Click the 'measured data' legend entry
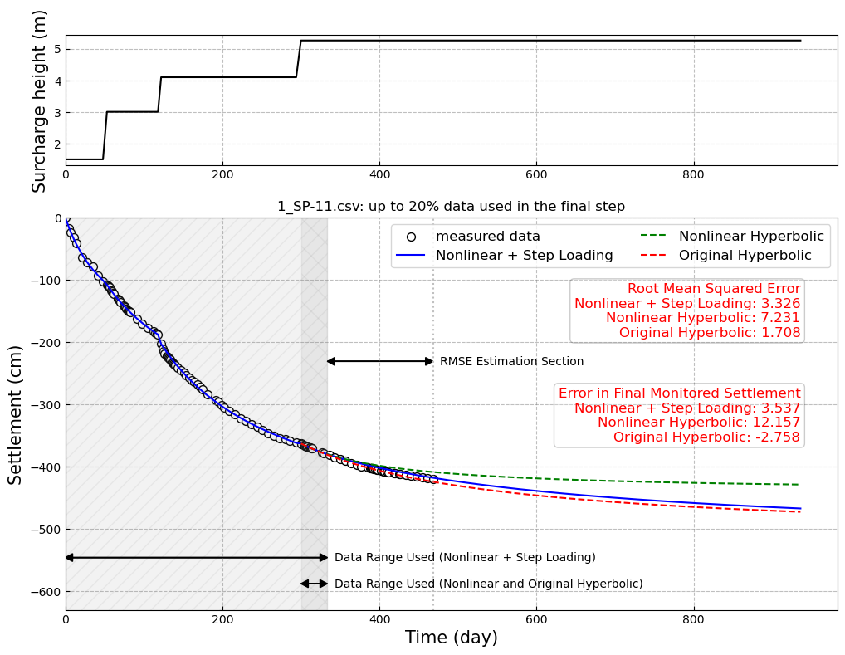point(487,237)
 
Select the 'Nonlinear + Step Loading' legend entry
point(524,256)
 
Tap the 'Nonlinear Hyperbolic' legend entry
point(750,237)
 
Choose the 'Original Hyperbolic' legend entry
point(745,256)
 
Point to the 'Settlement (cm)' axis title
point(16,414)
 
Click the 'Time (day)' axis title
point(451,638)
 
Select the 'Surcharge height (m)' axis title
point(39,100)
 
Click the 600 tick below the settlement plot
point(536,619)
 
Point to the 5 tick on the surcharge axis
point(57,49)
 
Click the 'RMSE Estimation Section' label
point(511,362)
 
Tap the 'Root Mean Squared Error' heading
point(713,289)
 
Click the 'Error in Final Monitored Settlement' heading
point(679,393)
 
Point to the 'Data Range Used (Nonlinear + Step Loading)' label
point(465,558)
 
